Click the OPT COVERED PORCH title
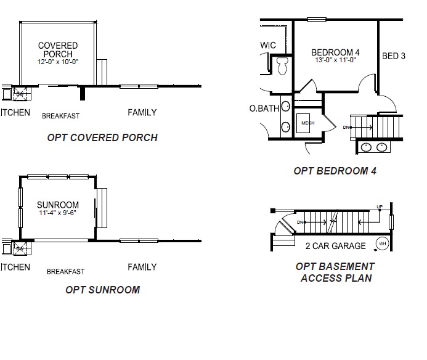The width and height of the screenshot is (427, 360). pyautogui.click(x=102, y=137)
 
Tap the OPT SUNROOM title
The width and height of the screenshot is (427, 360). pyautogui.click(x=102, y=290)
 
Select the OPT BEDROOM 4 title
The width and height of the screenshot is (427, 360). pyautogui.click(x=335, y=171)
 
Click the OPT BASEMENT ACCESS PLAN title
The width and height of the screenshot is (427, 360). pyautogui.click(x=335, y=272)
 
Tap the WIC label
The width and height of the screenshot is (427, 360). pyautogui.click(x=268, y=46)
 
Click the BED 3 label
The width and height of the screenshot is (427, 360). pyautogui.click(x=394, y=56)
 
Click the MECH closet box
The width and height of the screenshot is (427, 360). pyautogui.click(x=307, y=123)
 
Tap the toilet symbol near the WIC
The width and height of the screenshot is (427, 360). pyautogui.click(x=283, y=65)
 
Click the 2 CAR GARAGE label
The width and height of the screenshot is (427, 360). pyautogui.click(x=335, y=246)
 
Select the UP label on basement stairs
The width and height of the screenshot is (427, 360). pyautogui.click(x=380, y=207)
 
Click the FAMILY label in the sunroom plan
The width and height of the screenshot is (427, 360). pyautogui.click(x=142, y=267)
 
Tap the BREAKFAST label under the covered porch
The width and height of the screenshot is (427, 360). pyautogui.click(x=60, y=116)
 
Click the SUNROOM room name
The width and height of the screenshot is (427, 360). pyautogui.click(x=57, y=205)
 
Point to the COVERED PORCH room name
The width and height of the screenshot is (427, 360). pyautogui.click(x=58, y=50)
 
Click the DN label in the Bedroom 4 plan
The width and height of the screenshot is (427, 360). pyautogui.click(x=346, y=128)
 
